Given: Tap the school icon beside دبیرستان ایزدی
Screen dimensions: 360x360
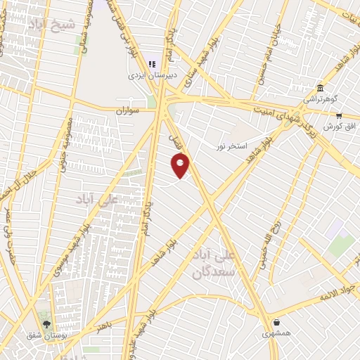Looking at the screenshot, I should [152, 63].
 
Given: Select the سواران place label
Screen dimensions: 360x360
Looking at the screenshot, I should [129, 110].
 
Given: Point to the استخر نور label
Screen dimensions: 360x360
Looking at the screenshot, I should [233, 144].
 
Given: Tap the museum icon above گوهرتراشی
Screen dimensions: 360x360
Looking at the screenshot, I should [321, 88].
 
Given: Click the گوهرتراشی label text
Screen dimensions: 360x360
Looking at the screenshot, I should [321, 99].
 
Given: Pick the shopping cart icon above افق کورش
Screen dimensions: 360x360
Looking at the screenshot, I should [339, 116].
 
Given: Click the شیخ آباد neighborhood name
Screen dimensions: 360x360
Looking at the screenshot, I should [51, 25].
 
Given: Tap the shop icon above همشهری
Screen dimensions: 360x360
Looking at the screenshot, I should [276, 323].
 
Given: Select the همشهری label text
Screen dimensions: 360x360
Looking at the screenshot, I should [276, 333].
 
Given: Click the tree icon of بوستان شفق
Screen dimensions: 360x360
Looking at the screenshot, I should [46, 324].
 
